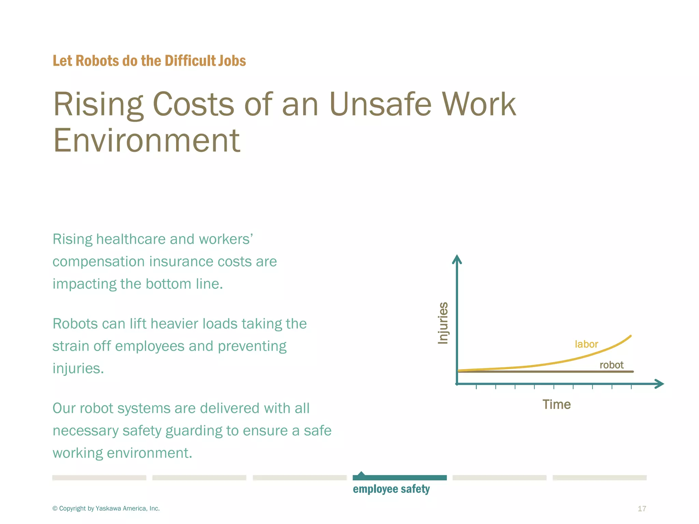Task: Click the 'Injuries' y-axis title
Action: point(443,323)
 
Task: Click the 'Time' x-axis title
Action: point(556,405)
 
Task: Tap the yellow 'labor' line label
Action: point(586,344)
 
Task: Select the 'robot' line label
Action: point(611,365)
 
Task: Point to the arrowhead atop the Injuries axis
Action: point(457,259)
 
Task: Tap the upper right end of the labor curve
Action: point(630,336)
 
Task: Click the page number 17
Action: point(642,509)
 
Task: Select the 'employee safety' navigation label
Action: point(391,489)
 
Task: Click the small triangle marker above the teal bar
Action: point(361,474)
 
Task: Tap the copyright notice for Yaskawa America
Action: point(106,508)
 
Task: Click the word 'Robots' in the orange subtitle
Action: point(97,61)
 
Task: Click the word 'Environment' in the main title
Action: point(147,140)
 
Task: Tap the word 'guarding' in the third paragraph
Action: point(194,431)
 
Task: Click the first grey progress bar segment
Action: point(99,478)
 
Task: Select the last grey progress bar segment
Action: point(599,478)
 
